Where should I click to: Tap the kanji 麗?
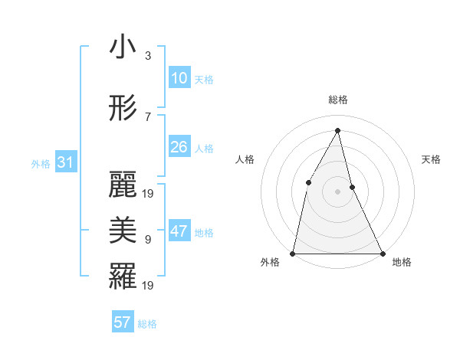(x=123, y=185)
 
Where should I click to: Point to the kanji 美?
(x=123, y=228)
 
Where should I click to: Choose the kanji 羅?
(x=123, y=275)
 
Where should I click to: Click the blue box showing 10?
(x=179, y=78)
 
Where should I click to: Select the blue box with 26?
(x=179, y=147)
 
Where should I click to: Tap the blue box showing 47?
(x=179, y=232)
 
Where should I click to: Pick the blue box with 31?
(x=65, y=162)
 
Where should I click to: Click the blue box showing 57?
(x=123, y=322)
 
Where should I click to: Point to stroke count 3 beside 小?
(x=148, y=56)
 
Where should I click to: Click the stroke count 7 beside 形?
(x=148, y=116)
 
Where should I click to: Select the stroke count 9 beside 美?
(x=148, y=239)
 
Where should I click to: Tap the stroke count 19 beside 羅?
(x=149, y=285)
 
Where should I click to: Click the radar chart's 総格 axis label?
(x=337, y=100)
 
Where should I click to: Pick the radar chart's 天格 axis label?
(x=431, y=159)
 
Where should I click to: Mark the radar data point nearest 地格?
(x=382, y=253)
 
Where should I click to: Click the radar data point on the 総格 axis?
(x=337, y=130)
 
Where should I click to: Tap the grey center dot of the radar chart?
(x=337, y=191)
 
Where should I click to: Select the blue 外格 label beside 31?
(x=41, y=163)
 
